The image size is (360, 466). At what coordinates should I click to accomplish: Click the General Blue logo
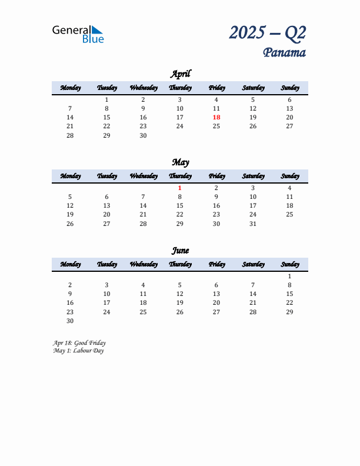point(78,34)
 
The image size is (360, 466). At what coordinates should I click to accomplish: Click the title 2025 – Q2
point(268,32)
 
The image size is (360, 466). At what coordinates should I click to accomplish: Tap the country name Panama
point(284,53)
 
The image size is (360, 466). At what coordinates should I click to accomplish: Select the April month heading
point(180,74)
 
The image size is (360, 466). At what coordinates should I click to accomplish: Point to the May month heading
point(180,162)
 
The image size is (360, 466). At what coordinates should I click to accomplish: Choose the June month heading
point(180,250)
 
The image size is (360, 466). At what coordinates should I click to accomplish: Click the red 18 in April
point(216,117)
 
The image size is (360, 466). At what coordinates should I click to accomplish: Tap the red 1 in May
point(180,188)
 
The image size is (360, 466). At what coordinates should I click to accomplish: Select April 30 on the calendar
point(143,135)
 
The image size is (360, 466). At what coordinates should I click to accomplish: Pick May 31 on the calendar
point(253,224)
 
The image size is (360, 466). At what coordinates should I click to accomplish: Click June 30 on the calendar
point(70,321)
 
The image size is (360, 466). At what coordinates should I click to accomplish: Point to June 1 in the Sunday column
point(289,276)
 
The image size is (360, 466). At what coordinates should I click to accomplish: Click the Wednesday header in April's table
point(143,88)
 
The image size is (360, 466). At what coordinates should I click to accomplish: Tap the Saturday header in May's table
point(253,176)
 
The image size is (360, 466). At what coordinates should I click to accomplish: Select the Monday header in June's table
point(70,264)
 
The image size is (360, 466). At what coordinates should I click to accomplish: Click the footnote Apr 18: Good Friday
point(79,342)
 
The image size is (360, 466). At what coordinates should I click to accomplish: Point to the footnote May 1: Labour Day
point(78,351)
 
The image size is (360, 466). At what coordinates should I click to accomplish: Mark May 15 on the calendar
point(180,205)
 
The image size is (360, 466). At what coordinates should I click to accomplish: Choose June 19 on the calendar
point(180,302)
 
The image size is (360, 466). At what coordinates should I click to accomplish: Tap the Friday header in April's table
point(216,88)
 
